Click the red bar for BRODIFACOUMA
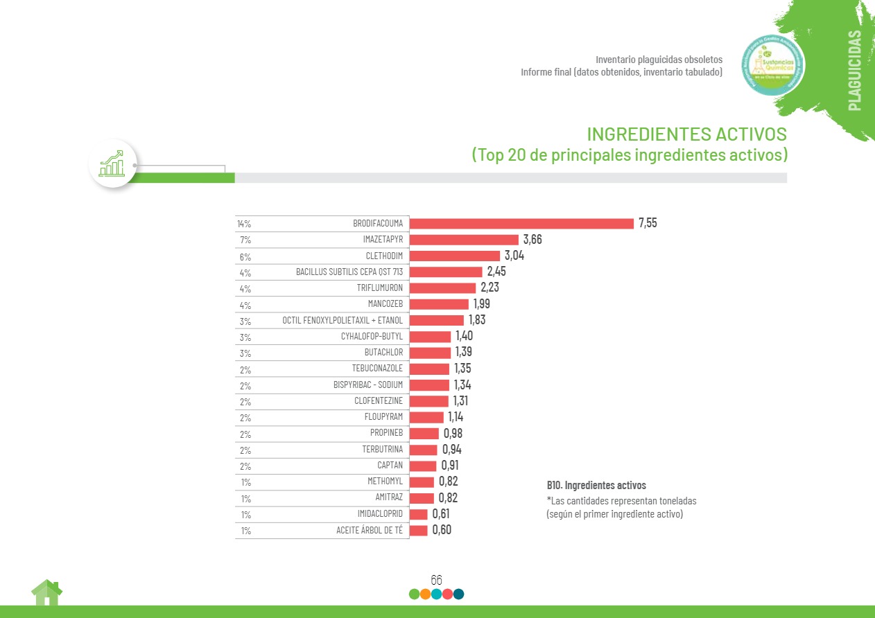pos(521,224)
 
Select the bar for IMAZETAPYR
pos(464,240)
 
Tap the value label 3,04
pos(514,256)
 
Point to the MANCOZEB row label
pos(385,304)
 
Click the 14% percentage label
pos(243,224)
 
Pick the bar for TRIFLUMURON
pos(442,288)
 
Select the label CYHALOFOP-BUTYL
pos(372,336)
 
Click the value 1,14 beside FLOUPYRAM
pos(456,417)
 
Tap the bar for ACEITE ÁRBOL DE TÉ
pos(418,530)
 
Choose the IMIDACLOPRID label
pos(380,514)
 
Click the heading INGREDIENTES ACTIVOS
pos(686,134)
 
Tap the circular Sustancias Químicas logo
pos(772,66)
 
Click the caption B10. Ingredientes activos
pos(596,486)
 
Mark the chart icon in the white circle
pos(112,164)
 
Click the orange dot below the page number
pos(425,594)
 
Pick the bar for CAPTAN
pos(423,466)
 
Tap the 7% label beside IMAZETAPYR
pos(245,240)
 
